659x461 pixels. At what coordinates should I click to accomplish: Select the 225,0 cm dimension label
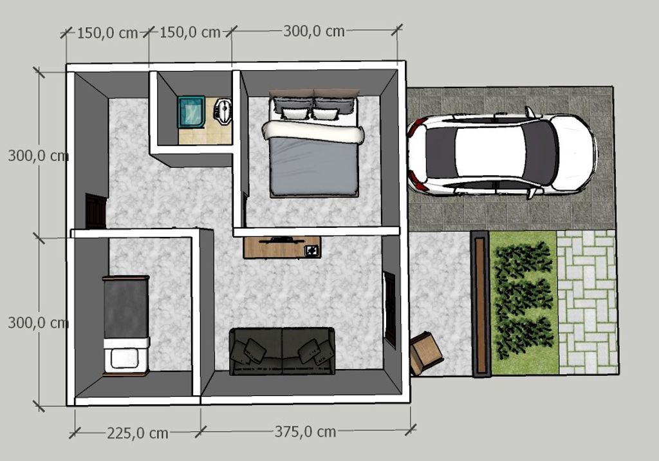click(x=137, y=433)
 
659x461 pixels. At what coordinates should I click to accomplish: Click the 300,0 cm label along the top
click(x=313, y=31)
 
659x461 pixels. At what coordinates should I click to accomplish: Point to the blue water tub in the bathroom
click(x=192, y=111)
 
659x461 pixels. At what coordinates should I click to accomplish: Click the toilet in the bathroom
click(x=222, y=111)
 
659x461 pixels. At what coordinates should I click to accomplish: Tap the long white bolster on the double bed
click(x=313, y=133)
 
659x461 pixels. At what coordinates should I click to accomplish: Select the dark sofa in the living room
click(x=283, y=351)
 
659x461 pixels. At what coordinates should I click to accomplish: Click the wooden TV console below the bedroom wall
click(x=282, y=248)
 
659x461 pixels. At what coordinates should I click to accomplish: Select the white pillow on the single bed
click(x=126, y=358)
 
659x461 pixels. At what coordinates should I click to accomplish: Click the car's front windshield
click(x=539, y=153)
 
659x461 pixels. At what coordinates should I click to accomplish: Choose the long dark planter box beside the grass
click(x=479, y=303)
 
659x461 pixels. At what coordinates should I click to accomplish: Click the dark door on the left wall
click(x=96, y=211)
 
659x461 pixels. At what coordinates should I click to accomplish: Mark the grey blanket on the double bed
click(x=313, y=167)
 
